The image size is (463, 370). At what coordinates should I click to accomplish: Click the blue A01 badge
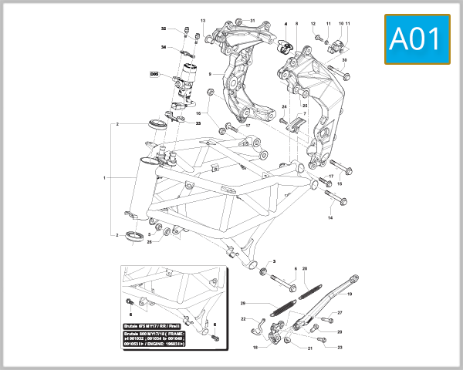417,38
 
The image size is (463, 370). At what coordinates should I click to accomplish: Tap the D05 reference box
154,75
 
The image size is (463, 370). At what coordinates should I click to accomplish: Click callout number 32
164,29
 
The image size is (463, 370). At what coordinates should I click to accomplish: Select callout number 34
164,47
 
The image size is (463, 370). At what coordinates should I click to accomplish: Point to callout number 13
203,20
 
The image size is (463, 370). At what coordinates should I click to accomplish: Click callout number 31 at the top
252,19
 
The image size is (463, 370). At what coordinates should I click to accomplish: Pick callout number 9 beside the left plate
210,74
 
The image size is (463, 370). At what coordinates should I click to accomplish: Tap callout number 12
313,24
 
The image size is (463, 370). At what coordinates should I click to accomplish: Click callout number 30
344,59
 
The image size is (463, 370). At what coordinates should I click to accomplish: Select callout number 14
330,218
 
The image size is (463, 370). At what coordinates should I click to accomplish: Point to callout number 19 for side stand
348,294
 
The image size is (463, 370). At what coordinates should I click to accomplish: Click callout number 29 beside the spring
242,303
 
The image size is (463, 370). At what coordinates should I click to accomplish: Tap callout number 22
242,319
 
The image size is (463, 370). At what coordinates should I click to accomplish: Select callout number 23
339,348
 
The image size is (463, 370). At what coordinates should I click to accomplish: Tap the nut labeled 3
265,273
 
